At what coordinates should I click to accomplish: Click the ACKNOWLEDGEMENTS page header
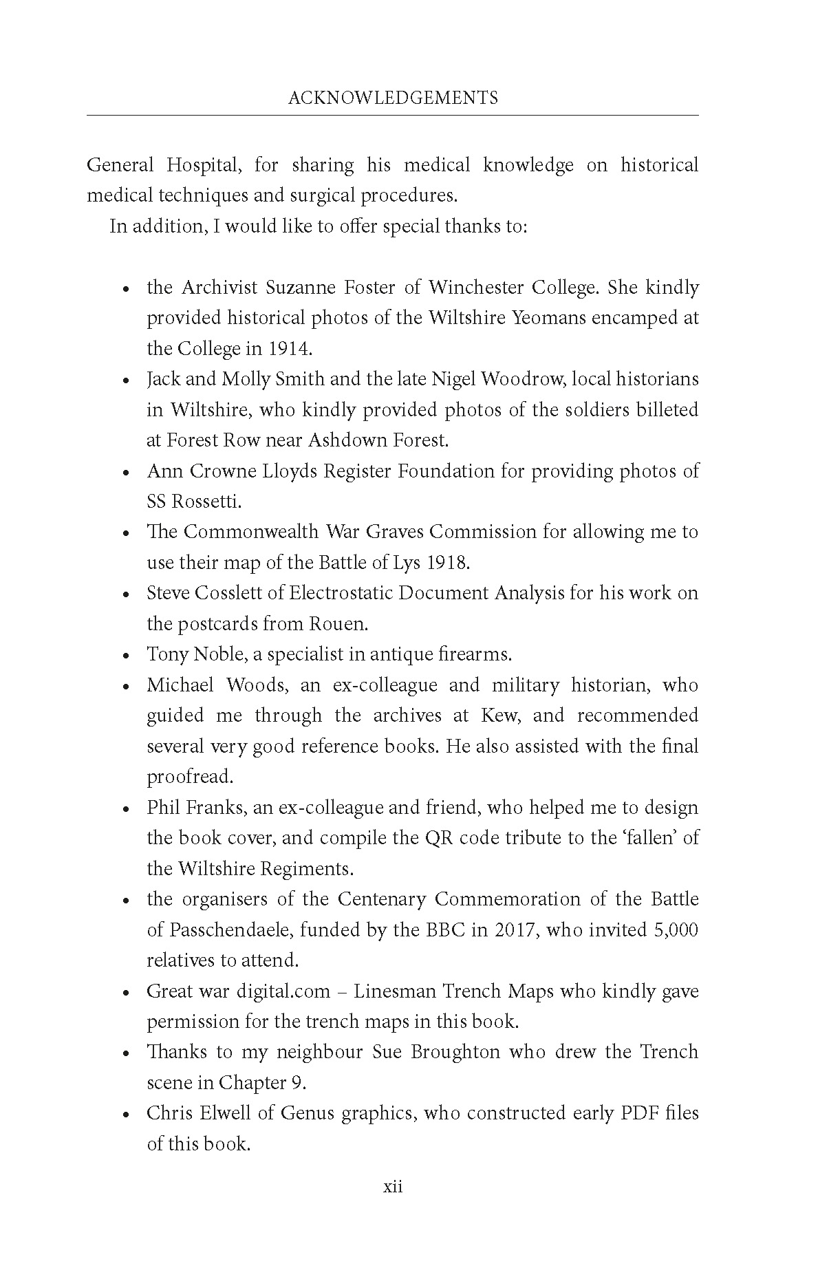393,98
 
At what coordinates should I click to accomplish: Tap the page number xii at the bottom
393,1187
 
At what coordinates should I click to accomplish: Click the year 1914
290,349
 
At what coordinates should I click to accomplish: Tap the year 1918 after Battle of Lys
447,563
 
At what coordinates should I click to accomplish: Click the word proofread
190,777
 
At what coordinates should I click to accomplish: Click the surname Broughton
436,1053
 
